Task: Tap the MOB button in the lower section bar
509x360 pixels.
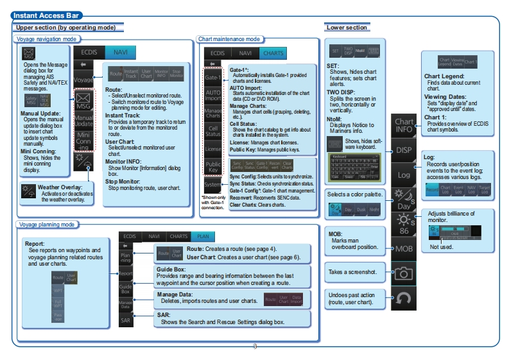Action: [x=404, y=247]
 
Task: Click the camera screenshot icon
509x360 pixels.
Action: [x=404, y=273]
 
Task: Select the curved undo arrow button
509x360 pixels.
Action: [x=404, y=298]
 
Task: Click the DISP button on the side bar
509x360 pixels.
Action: [x=404, y=150]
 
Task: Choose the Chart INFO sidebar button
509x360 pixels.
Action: [x=404, y=125]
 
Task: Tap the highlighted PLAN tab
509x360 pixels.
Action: [x=203, y=236]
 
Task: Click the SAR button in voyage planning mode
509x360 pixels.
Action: [x=126, y=319]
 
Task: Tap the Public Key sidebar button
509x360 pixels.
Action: [x=212, y=168]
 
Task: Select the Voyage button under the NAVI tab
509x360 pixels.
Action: [x=83, y=80]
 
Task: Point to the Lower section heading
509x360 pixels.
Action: [x=347, y=28]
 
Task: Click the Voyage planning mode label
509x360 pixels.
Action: [x=46, y=225]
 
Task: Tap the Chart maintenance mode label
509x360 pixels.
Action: [x=229, y=39]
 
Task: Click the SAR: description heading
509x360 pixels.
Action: [x=164, y=315]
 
